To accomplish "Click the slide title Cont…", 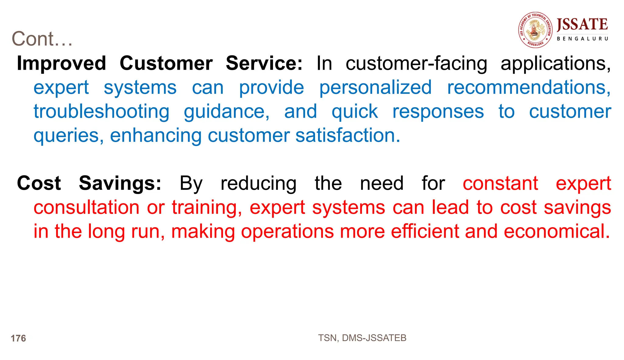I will pyautogui.click(x=42, y=39).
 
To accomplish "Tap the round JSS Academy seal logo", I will pyautogui.click(x=536, y=30).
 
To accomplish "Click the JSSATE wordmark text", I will pyautogui.click(x=582, y=24).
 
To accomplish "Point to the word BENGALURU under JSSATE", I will pyautogui.click(x=582, y=39).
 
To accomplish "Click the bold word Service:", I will pyautogui.click(x=264, y=63).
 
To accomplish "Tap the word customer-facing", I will pyautogui.click(x=416, y=64).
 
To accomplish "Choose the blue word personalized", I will pyautogui.click(x=375, y=88).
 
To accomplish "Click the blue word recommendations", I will pyautogui.click(x=529, y=88).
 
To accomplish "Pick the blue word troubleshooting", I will pyautogui.click(x=101, y=112).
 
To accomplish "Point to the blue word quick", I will pyautogui.click(x=355, y=112).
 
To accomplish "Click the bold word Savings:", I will pyautogui.click(x=120, y=183).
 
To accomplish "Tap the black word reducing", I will pyautogui.click(x=258, y=184).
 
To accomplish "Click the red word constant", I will pyautogui.click(x=500, y=183).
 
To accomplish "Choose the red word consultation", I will pyautogui.click(x=87, y=207).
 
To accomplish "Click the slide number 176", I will pyautogui.click(x=18, y=338).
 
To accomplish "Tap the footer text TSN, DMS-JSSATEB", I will pyautogui.click(x=362, y=338).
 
